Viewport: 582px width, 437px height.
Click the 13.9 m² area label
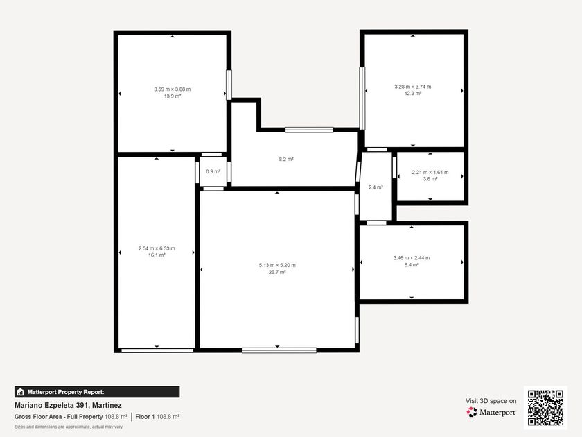click(x=173, y=96)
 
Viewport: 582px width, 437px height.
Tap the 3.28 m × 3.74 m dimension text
click(x=413, y=87)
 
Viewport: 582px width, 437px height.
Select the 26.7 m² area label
click(x=277, y=272)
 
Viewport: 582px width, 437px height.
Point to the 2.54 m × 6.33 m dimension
click(x=157, y=248)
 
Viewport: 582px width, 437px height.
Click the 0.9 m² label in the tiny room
click(x=213, y=172)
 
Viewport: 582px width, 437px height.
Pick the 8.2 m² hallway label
click(x=286, y=159)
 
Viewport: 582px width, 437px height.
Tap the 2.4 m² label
click(x=376, y=187)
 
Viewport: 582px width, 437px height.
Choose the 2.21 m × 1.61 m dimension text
click(x=430, y=172)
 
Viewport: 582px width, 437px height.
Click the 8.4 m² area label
click(x=412, y=264)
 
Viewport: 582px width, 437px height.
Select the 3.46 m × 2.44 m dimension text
click(x=412, y=257)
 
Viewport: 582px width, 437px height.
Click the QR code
click(x=546, y=408)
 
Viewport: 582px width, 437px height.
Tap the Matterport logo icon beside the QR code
click(x=472, y=412)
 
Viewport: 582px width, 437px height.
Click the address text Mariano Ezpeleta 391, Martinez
click(x=68, y=405)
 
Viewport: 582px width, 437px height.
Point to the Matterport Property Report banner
click(x=97, y=392)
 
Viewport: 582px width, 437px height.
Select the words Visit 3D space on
click(x=491, y=401)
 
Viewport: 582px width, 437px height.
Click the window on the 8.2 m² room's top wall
click(x=309, y=130)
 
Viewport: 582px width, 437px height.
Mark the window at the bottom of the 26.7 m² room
click(x=279, y=350)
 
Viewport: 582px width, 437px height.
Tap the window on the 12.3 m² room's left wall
click(x=362, y=98)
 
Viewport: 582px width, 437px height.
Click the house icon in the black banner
click(x=20, y=392)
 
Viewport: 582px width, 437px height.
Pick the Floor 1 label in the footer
click(x=145, y=417)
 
